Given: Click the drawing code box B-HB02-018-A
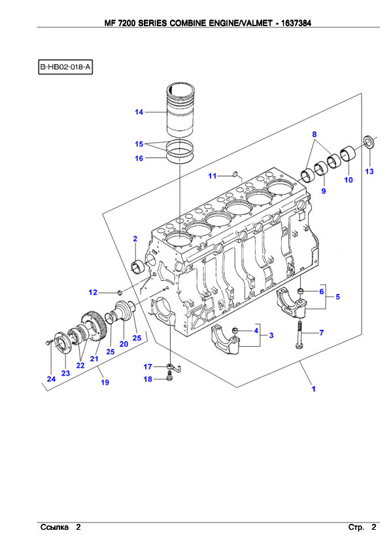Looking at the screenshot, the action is click(65, 67).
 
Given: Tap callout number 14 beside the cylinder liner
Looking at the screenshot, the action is click(139, 112).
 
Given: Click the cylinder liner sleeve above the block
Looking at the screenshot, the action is click(180, 110).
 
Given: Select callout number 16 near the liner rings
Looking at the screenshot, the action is click(139, 159).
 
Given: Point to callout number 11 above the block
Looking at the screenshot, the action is click(212, 176).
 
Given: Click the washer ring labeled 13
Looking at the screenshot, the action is click(369, 141).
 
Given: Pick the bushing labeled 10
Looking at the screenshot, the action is click(348, 154).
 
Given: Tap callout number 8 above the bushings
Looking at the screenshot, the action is click(314, 135).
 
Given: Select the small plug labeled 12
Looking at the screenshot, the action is click(120, 292).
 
